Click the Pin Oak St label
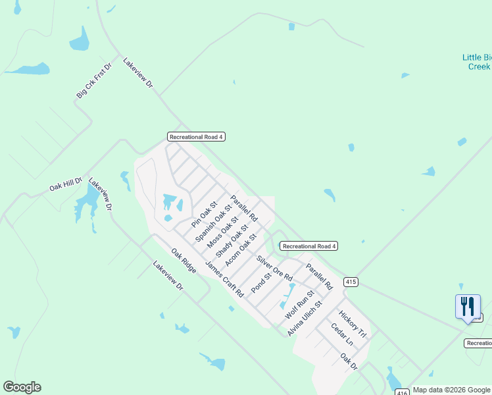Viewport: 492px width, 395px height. tap(204, 215)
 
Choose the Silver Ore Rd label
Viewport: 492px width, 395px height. tap(274, 268)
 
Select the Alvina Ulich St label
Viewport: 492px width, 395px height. tap(304, 319)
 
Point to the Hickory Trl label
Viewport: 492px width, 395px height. tap(352, 325)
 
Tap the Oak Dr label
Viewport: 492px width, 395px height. tap(348, 361)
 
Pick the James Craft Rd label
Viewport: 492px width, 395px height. tap(224, 279)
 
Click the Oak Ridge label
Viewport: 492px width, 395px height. tap(184, 261)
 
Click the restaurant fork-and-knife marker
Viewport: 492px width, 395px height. tap(468, 306)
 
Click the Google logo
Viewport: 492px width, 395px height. tap(22, 387)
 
